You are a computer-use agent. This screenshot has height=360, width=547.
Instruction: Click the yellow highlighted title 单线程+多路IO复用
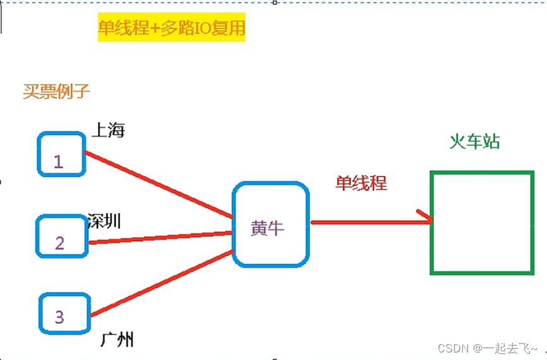[x=171, y=28]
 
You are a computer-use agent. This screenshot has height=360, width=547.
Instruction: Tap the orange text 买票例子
[x=56, y=92]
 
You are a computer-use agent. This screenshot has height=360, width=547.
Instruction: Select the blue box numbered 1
[x=61, y=154]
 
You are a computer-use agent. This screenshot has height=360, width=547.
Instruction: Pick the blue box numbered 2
[x=61, y=236]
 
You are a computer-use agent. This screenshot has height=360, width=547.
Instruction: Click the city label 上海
[x=108, y=131]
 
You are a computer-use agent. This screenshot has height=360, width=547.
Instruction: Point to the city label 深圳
[x=104, y=221]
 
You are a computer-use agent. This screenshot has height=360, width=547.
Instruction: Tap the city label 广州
[x=117, y=340]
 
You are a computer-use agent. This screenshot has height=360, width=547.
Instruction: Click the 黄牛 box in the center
[x=271, y=224]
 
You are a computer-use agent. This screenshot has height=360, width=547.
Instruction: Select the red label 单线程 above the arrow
[x=360, y=183]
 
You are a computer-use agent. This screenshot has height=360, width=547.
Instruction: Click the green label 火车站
[x=474, y=142]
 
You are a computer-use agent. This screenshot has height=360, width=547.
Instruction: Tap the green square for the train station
[x=481, y=222]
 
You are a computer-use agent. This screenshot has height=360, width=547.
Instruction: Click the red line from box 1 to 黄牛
[x=158, y=184]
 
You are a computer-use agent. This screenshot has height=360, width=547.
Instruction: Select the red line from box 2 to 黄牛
[x=161, y=237]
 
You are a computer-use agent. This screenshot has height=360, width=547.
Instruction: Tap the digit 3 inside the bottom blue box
[x=59, y=316]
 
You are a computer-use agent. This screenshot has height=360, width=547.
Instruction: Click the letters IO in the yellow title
[x=203, y=28]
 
